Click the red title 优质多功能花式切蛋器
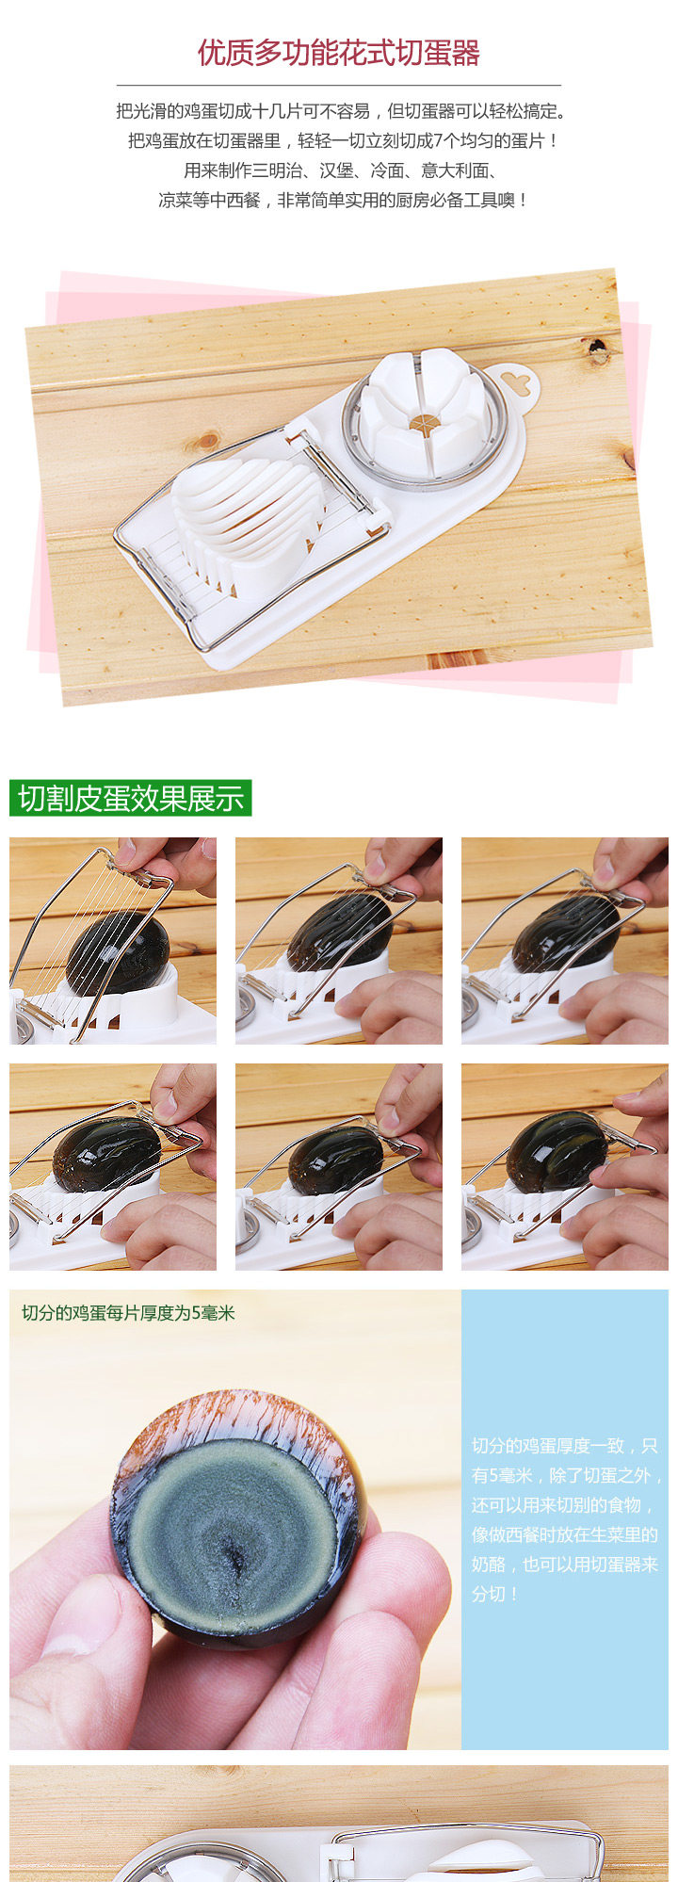click(x=339, y=53)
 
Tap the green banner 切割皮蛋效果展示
click(x=131, y=798)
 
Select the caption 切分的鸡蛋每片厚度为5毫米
click(x=128, y=1313)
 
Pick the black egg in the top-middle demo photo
click(x=339, y=933)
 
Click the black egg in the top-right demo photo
click(x=565, y=933)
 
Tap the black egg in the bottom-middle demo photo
click(x=335, y=1160)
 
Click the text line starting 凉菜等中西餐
click(x=343, y=201)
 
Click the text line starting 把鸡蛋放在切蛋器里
click(x=344, y=141)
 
